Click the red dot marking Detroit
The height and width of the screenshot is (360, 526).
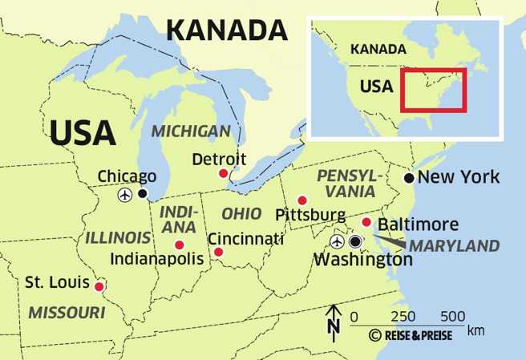tap(224, 173)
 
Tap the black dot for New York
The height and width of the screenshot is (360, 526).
tap(409, 177)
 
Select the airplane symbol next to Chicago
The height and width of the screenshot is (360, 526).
tap(125, 194)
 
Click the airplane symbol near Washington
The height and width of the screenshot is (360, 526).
tap(337, 241)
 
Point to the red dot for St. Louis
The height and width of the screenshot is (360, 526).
tap(99, 286)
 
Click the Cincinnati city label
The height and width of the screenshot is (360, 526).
tap(245, 239)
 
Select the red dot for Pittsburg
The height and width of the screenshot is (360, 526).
tap(302, 200)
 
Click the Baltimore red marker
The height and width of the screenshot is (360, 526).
tap(366, 222)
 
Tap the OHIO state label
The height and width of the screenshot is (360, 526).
tap(241, 214)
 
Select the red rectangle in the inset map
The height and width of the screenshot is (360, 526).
tap(433, 90)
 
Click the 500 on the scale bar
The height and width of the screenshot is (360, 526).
tap(454, 316)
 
